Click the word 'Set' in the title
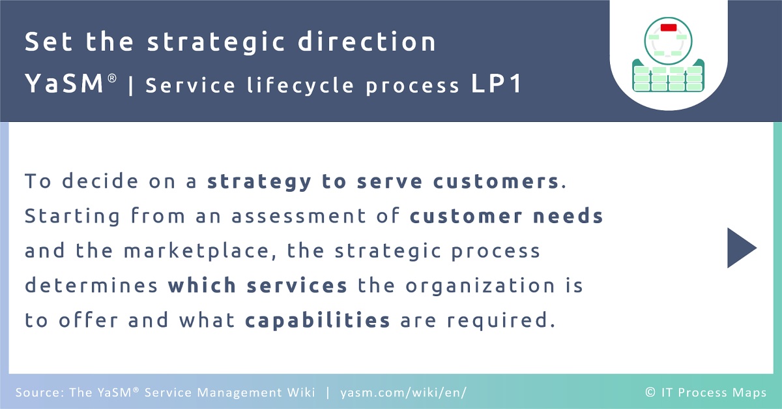[48, 42]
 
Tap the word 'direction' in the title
[366, 41]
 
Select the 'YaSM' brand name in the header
[65, 83]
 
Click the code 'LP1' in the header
[496, 83]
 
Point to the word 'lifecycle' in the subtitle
[300, 85]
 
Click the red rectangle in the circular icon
[669, 27]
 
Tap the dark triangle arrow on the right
[742, 248]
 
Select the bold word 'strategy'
[259, 181]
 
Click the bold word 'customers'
[496, 181]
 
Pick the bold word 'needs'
[568, 215]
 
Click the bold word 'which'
[202, 285]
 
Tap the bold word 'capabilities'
[317, 320]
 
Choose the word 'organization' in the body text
[480, 286]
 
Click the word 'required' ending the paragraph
[498, 320]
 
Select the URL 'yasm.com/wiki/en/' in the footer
[403, 393]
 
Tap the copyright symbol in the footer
[650, 392]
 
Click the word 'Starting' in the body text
[72, 217]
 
